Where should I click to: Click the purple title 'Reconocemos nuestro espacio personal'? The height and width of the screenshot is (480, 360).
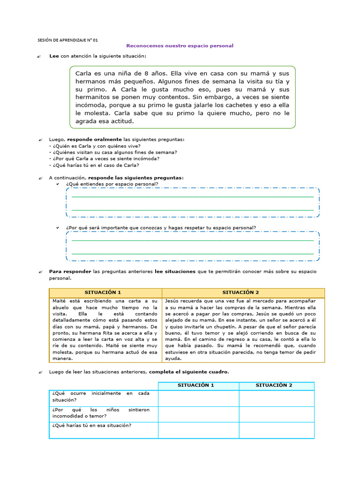click(180, 46)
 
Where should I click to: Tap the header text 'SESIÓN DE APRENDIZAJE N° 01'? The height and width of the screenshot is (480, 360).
click(67, 40)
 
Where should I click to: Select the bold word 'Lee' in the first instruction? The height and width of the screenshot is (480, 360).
click(54, 56)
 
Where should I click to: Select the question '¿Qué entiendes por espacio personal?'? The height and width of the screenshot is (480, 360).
click(112, 184)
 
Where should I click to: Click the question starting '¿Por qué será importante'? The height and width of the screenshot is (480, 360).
click(161, 228)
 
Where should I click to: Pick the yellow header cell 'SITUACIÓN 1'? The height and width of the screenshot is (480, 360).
click(105, 292)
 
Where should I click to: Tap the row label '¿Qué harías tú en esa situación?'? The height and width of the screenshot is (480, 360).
click(91, 425)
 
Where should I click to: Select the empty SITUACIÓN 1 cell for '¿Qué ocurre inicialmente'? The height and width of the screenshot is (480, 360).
click(198, 398)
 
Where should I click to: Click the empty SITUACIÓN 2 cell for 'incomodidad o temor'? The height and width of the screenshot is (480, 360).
click(277, 413)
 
